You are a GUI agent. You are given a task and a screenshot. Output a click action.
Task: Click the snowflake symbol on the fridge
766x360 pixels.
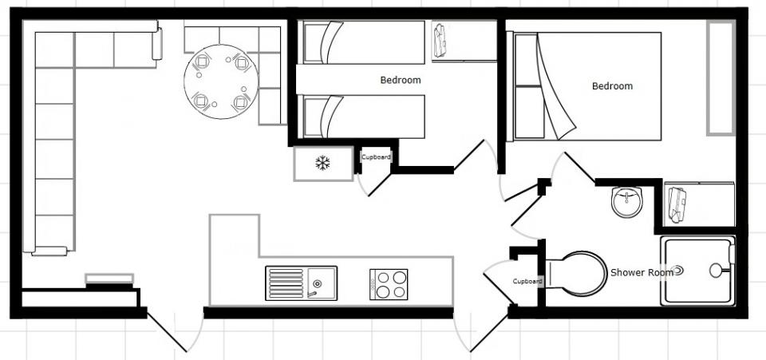point(322,163)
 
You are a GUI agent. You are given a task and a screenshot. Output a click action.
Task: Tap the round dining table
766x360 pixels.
point(221,81)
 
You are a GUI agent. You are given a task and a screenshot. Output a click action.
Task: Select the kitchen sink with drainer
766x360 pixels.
point(301,283)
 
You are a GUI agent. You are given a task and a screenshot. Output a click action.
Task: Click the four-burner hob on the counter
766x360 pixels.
point(389,284)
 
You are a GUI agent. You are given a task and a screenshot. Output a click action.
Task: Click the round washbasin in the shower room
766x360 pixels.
point(627,201)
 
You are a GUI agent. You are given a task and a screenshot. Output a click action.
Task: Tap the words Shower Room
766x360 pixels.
point(642,272)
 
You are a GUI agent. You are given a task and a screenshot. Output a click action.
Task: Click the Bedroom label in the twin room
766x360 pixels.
point(400,80)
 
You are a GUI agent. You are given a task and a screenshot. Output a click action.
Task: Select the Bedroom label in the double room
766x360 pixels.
point(612,86)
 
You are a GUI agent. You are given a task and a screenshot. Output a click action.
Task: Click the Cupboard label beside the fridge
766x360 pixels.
point(376,156)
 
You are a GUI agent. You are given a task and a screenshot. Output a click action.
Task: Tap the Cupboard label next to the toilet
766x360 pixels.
point(527,281)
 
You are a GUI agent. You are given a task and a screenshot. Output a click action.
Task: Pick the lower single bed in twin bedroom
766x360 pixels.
point(364,117)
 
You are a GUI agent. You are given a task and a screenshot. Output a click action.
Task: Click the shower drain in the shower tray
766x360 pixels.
point(678,270)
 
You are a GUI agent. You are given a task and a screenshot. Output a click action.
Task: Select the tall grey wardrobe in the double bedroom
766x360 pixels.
point(721,78)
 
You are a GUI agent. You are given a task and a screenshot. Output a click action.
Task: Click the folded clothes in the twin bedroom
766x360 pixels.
point(440,41)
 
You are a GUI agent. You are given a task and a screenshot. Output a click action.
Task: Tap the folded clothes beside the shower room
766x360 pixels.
point(677,204)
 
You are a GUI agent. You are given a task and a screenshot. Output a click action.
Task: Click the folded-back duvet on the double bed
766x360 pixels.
point(555,88)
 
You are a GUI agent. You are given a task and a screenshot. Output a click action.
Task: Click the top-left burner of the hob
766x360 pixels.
point(384,278)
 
